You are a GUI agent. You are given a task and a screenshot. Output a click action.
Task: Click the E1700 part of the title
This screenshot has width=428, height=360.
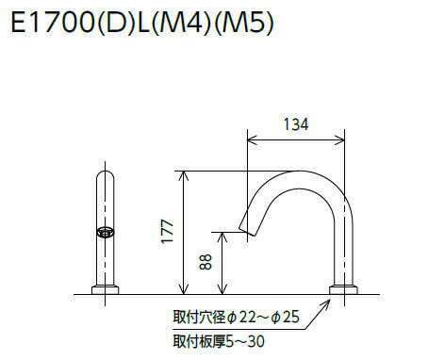pyautogui.click(x=50, y=25)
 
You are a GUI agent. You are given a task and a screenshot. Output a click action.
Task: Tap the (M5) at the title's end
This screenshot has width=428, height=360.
pyautogui.click(x=244, y=25)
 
